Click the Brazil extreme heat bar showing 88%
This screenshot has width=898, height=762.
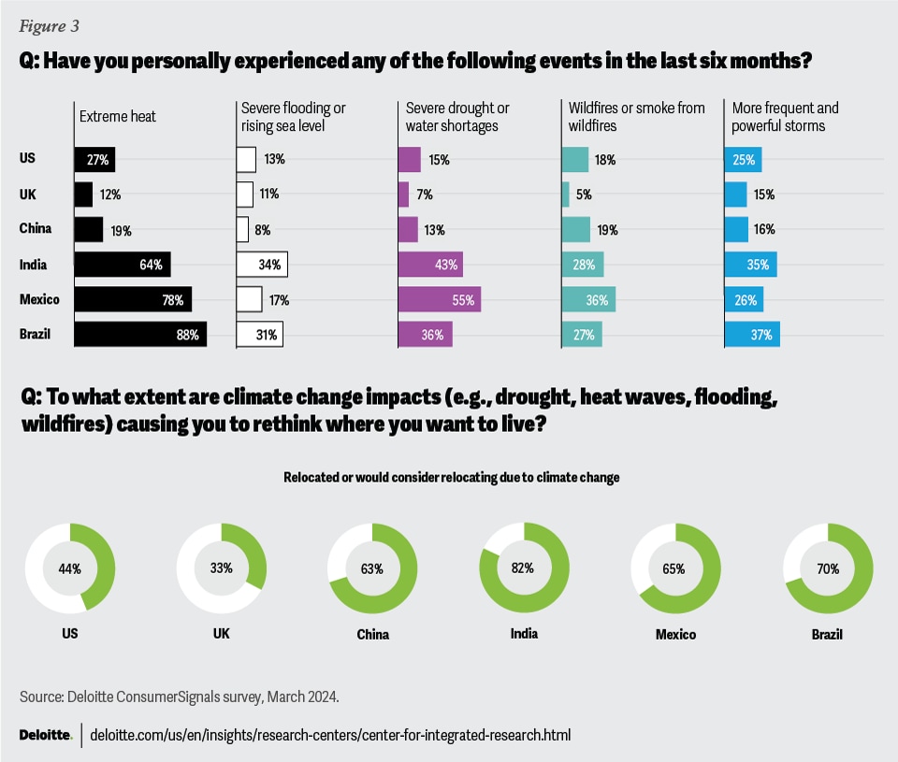click(140, 334)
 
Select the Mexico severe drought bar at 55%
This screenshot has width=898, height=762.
click(439, 299)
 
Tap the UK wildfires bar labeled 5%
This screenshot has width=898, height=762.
click(565, 194)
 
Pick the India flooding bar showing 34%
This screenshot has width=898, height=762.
click(262, 265)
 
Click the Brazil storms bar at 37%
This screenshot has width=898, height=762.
click(752, 334)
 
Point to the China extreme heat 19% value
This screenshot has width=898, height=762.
click(123, 230)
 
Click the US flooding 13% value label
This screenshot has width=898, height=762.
click(274, 160)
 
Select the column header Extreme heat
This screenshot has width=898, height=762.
click(118, 117)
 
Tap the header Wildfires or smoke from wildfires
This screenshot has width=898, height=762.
click(636, 117)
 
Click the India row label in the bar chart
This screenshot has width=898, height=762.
click(34, 265)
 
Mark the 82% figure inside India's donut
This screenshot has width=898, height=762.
click(524, 568)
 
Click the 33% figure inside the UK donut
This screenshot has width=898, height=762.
click(222, 568)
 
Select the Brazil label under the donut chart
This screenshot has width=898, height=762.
click(827, 634)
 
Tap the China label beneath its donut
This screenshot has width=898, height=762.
click(372, 634)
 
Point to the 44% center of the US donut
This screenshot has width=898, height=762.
click(70, 568)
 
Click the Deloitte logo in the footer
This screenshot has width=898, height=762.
click(46, 735)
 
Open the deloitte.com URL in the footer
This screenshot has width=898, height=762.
click(331, 735)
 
